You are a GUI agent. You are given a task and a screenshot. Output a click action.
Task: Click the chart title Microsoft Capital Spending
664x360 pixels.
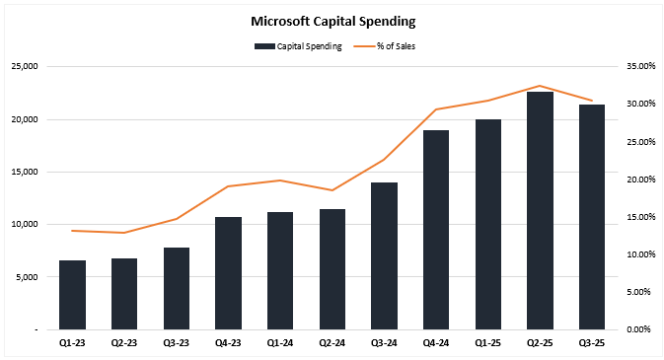pos(332,20)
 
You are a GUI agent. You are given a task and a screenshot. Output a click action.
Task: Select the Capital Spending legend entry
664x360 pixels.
pos(300,45)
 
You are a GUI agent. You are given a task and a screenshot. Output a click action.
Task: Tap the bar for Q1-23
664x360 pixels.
pos(72,295)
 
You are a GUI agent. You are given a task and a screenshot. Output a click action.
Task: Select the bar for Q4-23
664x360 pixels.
pos(228,273)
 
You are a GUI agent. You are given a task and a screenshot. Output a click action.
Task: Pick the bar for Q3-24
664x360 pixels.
pos(384,255)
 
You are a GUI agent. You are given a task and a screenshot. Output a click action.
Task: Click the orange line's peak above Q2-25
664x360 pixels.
pos(540,86)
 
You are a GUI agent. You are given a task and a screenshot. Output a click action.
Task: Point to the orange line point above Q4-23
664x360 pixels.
pos(228,186)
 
